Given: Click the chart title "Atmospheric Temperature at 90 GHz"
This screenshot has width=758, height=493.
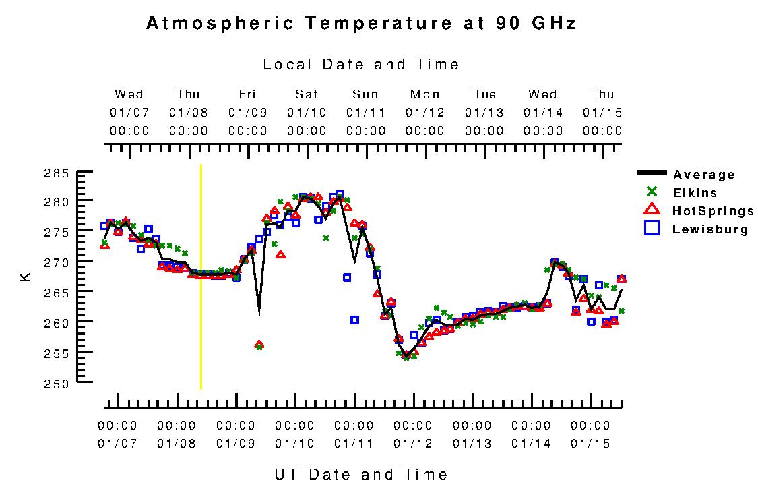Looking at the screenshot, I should pos(361,24).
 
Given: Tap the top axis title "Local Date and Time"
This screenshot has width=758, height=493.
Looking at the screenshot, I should pos(361,65).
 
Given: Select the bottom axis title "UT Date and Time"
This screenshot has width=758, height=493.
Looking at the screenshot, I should pos(361,474).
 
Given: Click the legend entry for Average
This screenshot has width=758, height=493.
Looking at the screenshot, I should pos(703,175).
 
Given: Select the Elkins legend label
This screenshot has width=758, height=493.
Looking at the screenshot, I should pos(695,193).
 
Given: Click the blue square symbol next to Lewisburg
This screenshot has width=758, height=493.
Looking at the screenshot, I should pos(652,229).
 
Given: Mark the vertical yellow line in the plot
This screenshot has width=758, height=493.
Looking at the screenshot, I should pos(201,277).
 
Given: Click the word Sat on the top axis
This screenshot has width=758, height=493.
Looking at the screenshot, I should pos(307,94).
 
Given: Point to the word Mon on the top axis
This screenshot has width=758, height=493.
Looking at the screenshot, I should pos(424,94).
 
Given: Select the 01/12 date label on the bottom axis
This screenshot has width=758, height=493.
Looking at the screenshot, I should pos(413,444).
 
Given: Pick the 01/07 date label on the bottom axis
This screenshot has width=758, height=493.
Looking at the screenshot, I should pos(117,444).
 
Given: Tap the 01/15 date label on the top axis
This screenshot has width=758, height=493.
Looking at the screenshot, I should pos(602,112).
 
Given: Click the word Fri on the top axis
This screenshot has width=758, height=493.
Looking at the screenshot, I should pos(247,94).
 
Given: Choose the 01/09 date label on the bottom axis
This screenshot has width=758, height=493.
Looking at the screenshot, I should pos(236,444).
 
